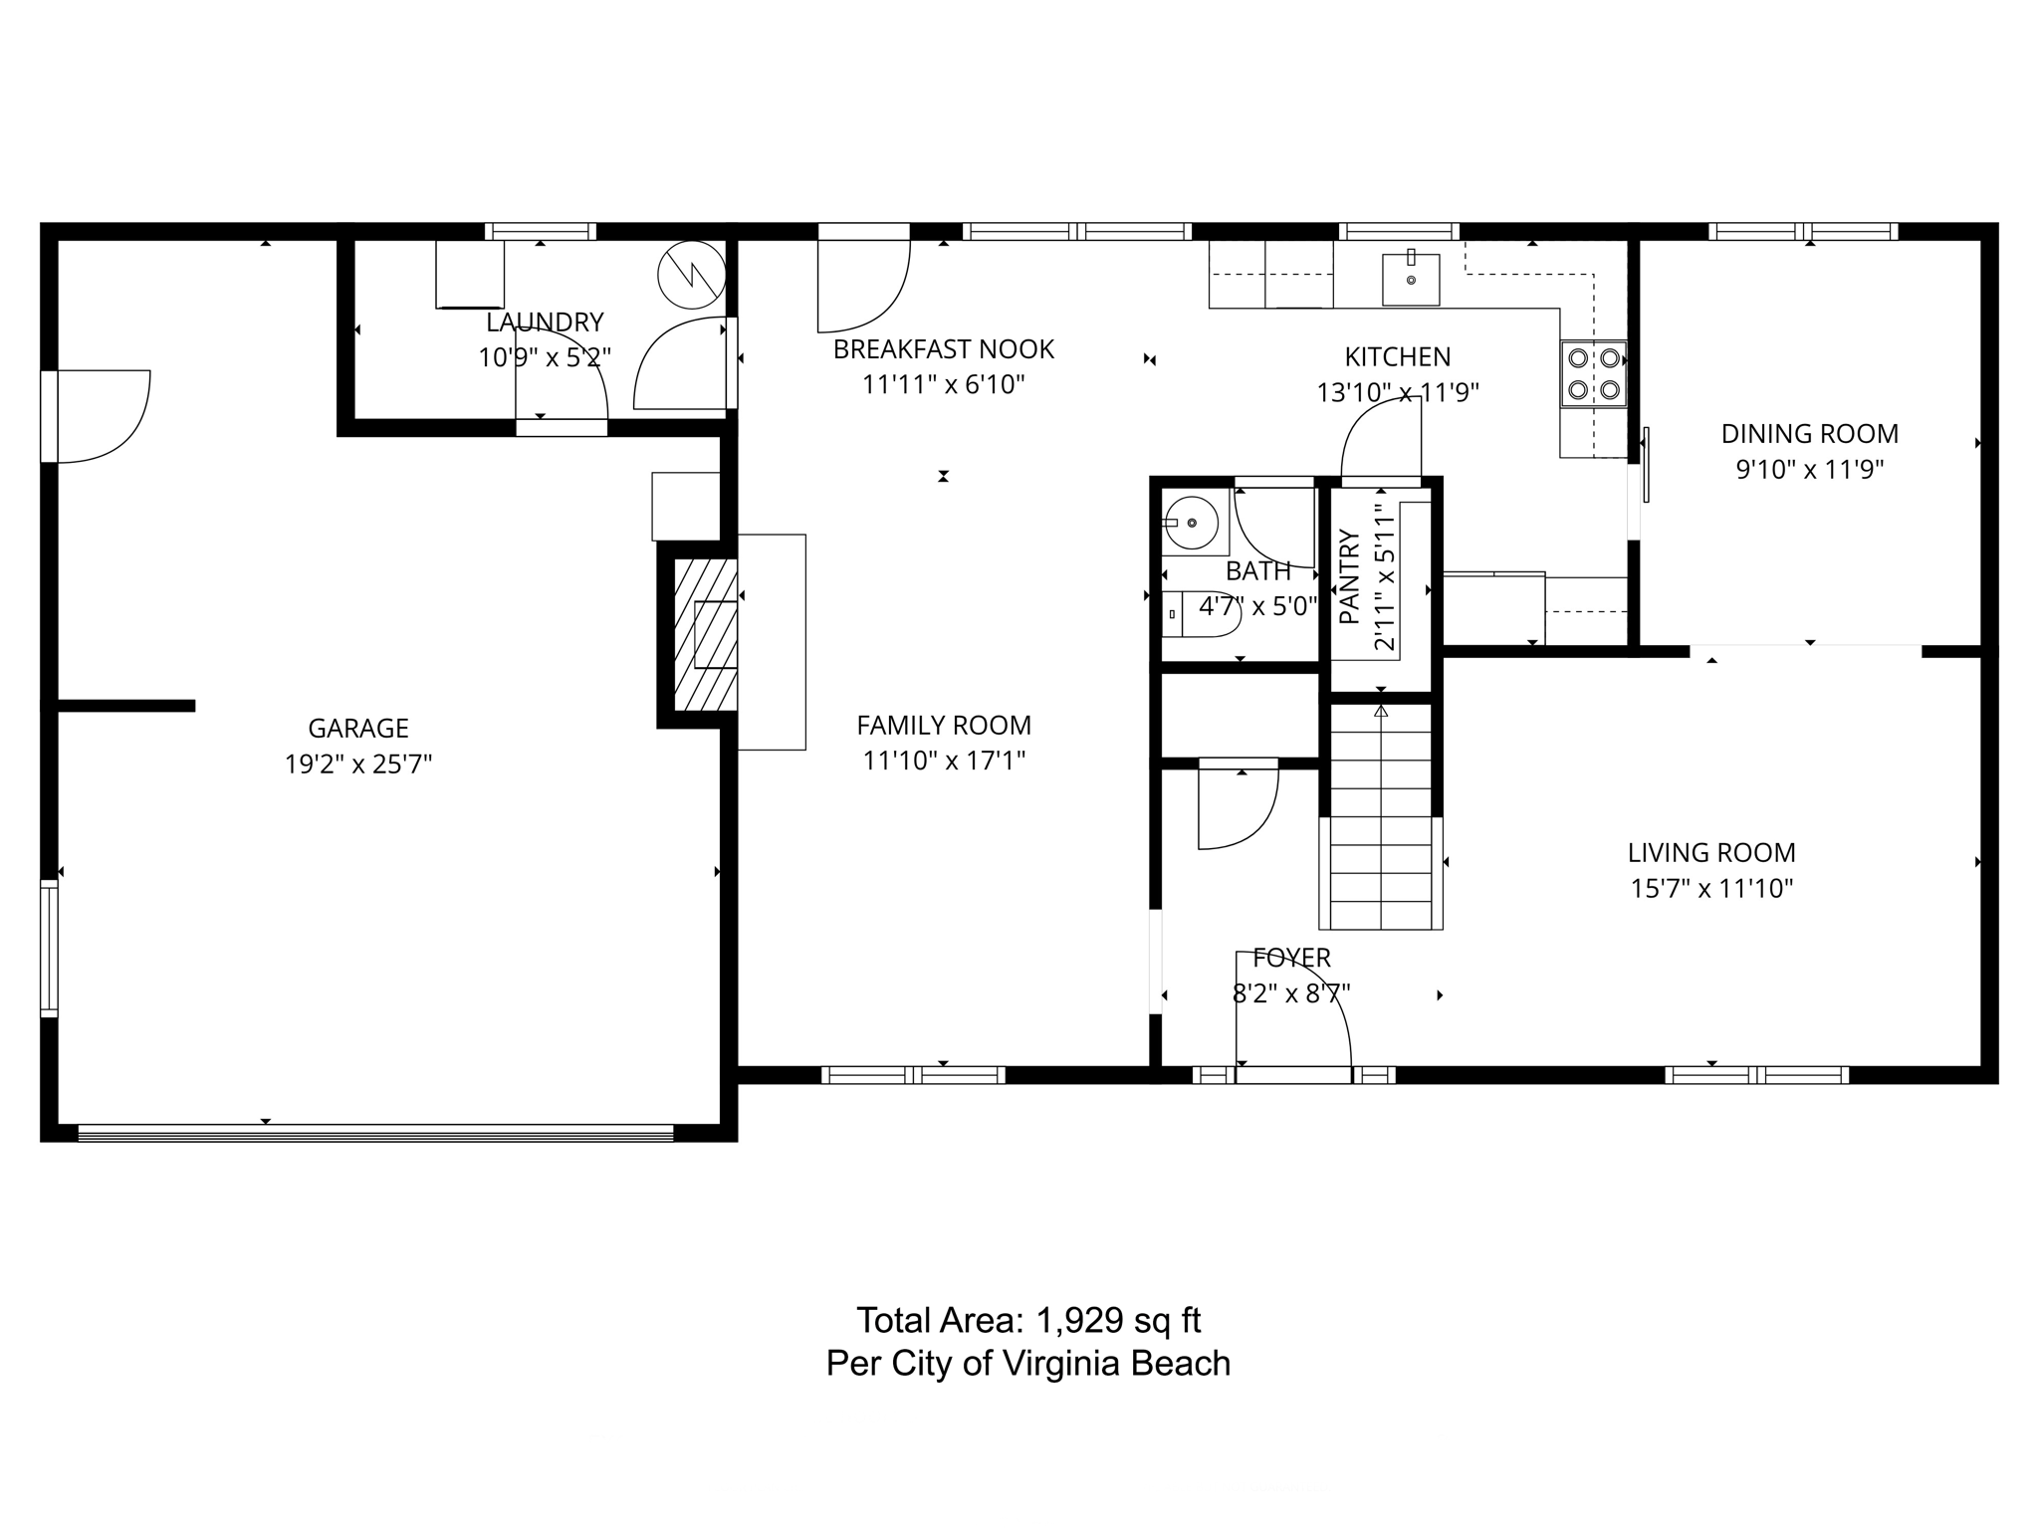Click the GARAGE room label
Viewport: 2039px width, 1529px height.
pos(358,729)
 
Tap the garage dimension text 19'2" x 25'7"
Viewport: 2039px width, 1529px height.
pos(358,764)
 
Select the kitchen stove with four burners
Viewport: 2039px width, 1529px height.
pos(1593,374)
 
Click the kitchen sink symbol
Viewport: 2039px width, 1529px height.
pos(1411,279)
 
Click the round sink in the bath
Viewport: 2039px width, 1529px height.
pos(1192,523)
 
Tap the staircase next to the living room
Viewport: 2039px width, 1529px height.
pos(1381,816)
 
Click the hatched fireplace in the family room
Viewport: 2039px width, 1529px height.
pos(705,634)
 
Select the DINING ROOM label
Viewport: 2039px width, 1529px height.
pos(1810,434)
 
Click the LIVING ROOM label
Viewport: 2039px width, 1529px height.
pos(1711,853)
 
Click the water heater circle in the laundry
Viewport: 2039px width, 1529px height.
pos(692,275)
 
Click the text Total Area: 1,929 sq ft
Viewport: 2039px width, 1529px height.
pos(1028,1321)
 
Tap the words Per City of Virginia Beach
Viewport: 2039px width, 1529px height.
pos(1028,1363)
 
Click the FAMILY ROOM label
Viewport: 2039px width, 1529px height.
pos(944,726)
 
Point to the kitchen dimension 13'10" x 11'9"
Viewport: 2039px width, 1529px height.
pos(1398,393)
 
